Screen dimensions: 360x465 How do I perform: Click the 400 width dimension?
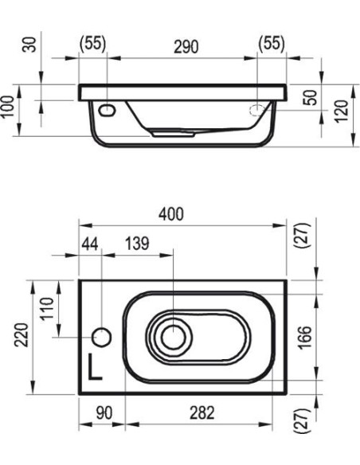click(x=171, y=214)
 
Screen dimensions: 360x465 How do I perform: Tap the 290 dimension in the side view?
click(x=186, y=47)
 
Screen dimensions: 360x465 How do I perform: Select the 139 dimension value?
click(x=137, y=244)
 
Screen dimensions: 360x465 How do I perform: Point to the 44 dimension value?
click(x=90, y=244)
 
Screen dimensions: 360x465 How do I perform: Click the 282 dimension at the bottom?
click(x=202, y=412)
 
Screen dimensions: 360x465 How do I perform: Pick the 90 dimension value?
click(x=104, y=412)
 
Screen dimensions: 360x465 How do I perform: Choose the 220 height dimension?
click(x=22, y=334)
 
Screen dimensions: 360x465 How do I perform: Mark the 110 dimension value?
click(x=47, y=308)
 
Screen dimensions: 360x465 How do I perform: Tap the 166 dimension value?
click(x=305, y=338)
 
